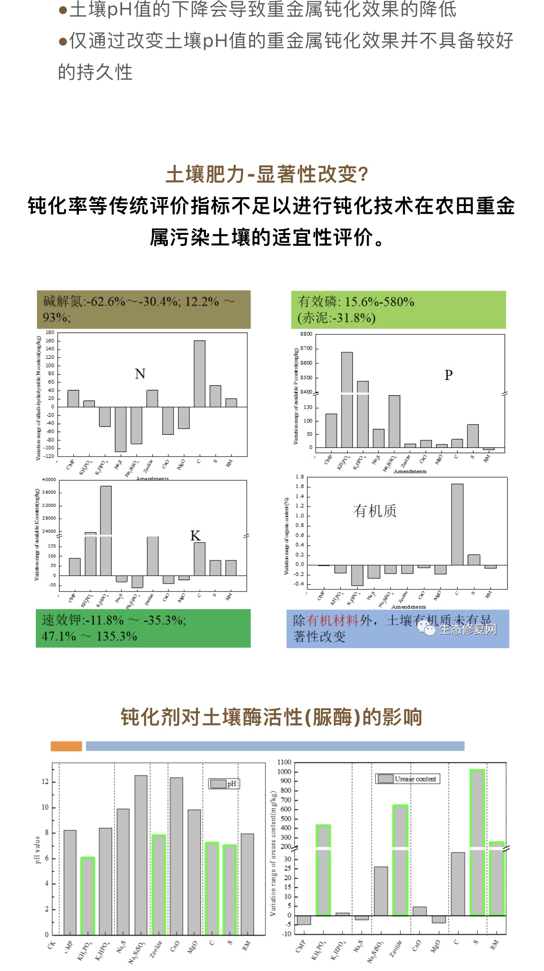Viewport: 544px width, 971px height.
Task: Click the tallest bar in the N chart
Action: tap(199, 373)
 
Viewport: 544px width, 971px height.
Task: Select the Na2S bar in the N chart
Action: tap(121, 429)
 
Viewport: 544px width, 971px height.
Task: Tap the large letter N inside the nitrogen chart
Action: tap(140, 374)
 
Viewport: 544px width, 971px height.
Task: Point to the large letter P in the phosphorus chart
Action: tap(448, 375)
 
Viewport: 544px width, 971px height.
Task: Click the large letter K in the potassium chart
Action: tap(195, 535)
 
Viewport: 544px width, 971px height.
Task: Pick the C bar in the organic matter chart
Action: tap(457, 524)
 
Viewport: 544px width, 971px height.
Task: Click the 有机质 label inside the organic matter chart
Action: tap(375, 511)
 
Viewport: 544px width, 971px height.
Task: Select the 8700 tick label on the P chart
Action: tap(306, 348)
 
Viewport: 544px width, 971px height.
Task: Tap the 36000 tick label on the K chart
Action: tap(49, 493)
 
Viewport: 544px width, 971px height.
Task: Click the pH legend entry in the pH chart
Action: tap(224, 783)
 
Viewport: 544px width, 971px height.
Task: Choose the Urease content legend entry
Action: tap(408, 779)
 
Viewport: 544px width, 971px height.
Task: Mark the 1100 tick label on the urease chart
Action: tap(284, 762)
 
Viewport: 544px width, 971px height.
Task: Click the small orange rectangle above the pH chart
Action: tap(66, 746)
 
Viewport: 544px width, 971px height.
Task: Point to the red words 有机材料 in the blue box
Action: tap(332, 620)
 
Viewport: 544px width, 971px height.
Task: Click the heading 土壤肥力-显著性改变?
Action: tap(267, 174)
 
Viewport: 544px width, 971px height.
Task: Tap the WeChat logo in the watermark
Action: tap(426, 629)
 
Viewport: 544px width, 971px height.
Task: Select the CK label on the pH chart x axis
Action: tap(51, 945)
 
